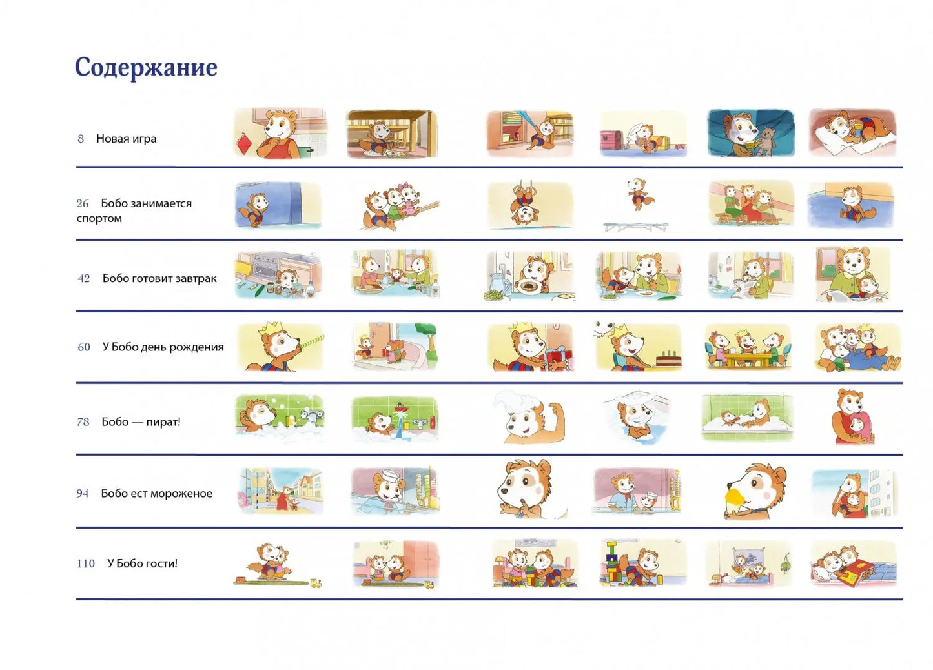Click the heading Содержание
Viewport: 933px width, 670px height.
(x=146, y=67)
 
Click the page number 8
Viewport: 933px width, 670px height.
(x=81, y=139)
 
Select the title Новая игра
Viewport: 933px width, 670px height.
(x=126, y=139)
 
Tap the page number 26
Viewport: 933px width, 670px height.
(x=83, y=203)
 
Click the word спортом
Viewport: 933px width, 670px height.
(x=99, y=218)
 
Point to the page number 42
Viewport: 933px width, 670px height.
(x=84, y=278)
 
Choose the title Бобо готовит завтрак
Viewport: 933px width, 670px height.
(x=159, y=278)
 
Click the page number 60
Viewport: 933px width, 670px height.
(x=84, y=347)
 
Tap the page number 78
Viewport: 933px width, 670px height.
(x=83, y=422)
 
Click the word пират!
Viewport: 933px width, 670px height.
(x=163, y=422)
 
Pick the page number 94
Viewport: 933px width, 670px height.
(x=82, y=494)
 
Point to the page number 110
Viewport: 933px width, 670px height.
(x=86, y=563)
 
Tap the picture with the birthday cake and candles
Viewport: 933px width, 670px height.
(x=638, y=347)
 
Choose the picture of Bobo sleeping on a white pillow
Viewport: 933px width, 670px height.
(x=852, y=133)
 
